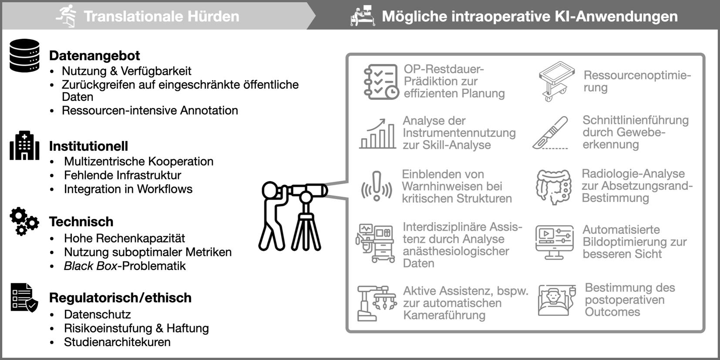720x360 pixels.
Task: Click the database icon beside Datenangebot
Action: [x=24, y=55]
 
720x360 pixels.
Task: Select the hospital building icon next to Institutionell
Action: [x=24, y=145]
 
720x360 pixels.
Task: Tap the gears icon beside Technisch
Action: [x=24, y=222]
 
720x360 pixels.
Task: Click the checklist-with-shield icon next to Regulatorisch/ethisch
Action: [x=24, y=298]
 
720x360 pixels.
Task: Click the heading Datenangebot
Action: [x=94, y=56]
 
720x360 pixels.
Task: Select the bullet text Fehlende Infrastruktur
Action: [x=122, y=175]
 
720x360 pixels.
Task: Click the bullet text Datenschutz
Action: [x=97, y=314]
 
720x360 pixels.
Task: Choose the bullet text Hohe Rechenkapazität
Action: [x=124, y=238]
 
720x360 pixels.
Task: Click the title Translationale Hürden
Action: [x=161, y=17]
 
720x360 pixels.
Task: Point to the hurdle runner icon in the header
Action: [x=67, y=16]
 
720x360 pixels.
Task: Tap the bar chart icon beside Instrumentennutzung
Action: [x=377, y=134]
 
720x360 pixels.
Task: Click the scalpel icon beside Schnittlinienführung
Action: [x=551, y=133]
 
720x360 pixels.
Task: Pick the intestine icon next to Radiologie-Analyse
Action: [x=553, y=187]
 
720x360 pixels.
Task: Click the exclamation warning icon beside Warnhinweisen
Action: [x=377, y=186]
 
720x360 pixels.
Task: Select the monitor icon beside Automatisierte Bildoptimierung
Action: [x=554, y=242]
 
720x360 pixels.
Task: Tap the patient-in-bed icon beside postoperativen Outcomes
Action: [x=556, y=300]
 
